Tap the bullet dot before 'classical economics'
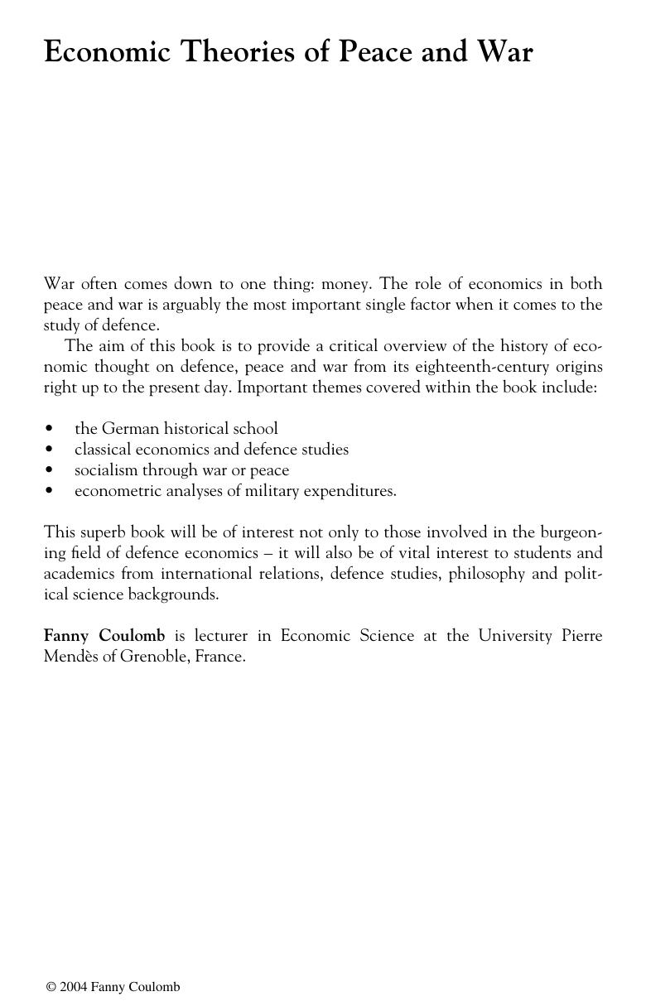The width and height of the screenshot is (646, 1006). [50, 450]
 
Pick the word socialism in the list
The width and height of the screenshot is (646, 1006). [106, 470]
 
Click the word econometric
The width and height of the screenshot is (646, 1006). [116, 491]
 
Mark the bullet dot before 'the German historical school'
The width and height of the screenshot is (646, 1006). [50, 429]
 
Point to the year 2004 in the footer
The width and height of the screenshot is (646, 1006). [73, 987]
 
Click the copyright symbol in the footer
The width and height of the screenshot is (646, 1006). [51, 987]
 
